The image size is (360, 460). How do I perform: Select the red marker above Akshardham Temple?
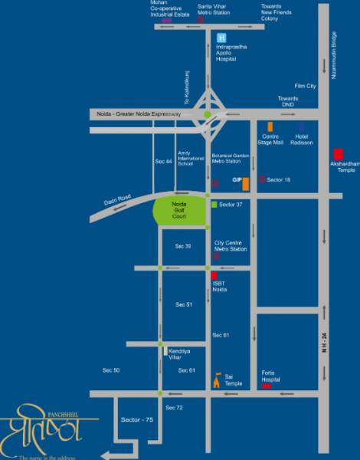pos(339,153)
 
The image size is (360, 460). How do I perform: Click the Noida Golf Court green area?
pos(180,212)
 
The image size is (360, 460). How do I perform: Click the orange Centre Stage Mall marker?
pos(269,127)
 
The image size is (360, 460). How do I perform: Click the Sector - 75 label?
pos(137,420)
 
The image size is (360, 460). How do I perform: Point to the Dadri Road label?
pos(117,202)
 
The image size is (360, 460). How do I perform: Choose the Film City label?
pos(306,86)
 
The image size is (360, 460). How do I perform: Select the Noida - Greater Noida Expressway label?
pos(139,114)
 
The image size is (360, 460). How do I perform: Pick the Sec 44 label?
pos(163,161)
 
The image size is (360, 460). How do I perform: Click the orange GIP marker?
pos(245,183)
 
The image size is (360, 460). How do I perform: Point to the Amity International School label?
pos(186,158)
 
